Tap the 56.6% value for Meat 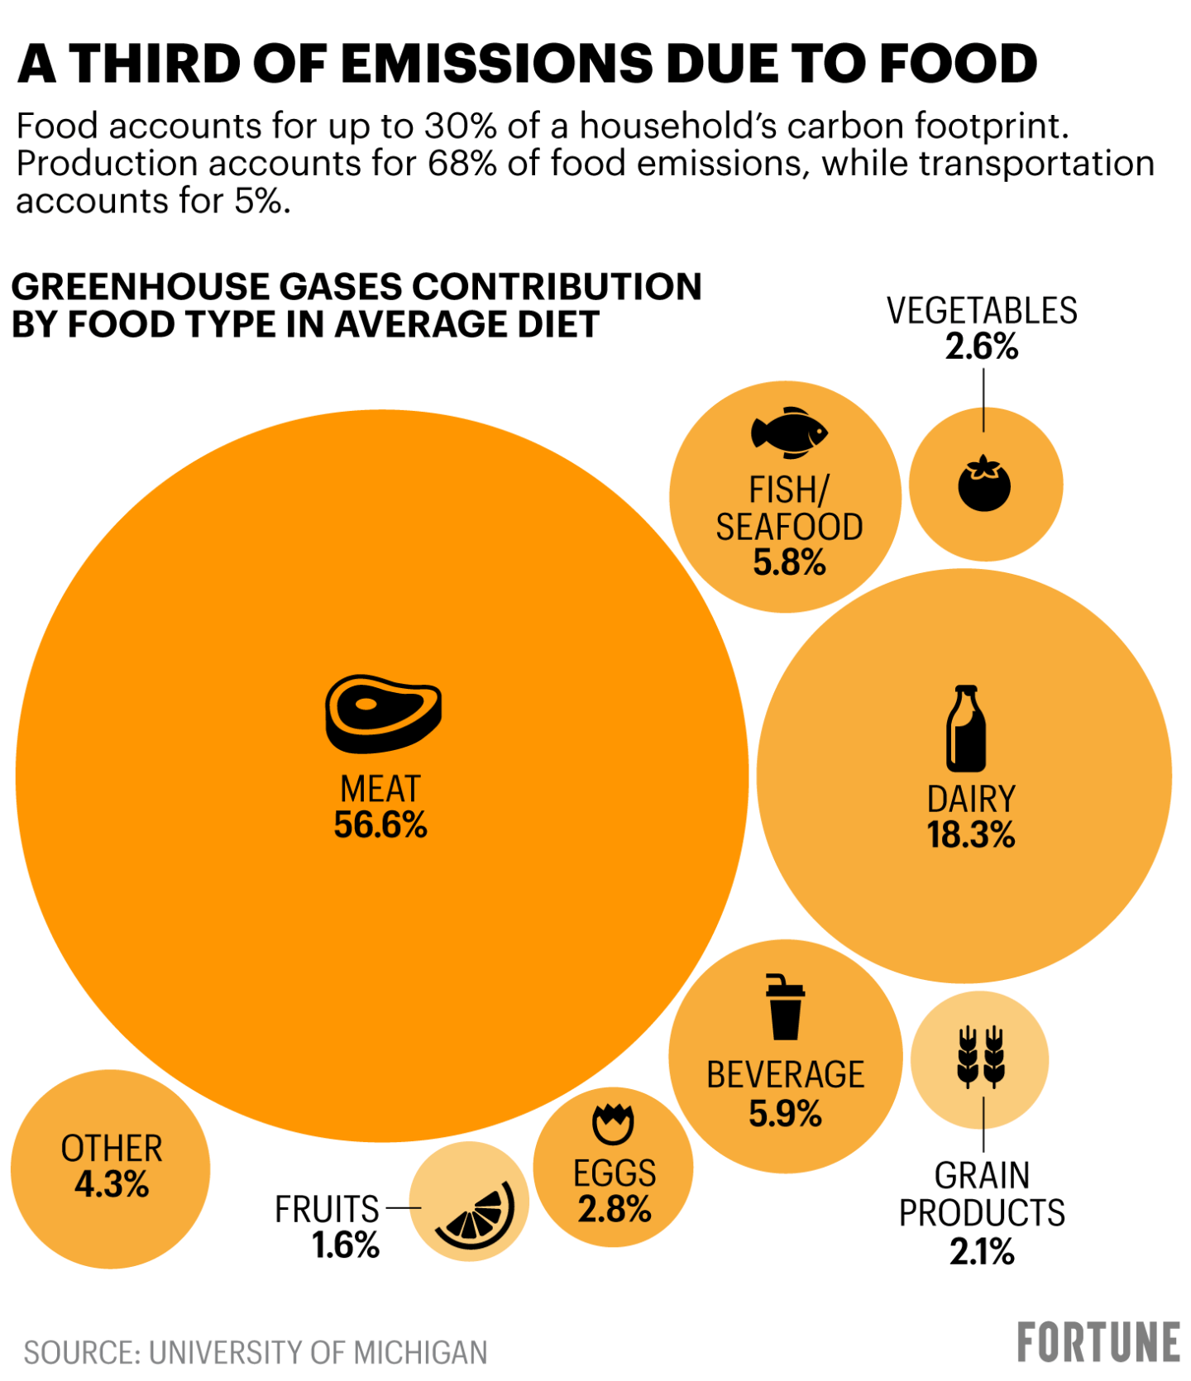pos(380,825)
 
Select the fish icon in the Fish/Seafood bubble pos(789,432)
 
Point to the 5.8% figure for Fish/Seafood pos(789,563)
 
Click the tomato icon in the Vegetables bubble pos(984,484)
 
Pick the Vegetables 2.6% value pos(982,347)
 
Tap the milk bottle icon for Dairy pos(966,728)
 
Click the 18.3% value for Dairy pos(970,835)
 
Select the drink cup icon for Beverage pos(784,1006)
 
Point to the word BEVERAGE pos(785,1075)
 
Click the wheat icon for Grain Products pos(981,1056)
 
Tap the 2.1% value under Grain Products pos(982,1252)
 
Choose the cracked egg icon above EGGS pos(613,1124)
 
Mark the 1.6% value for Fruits pos(346,1245)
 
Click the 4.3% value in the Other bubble pos(112,1185)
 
